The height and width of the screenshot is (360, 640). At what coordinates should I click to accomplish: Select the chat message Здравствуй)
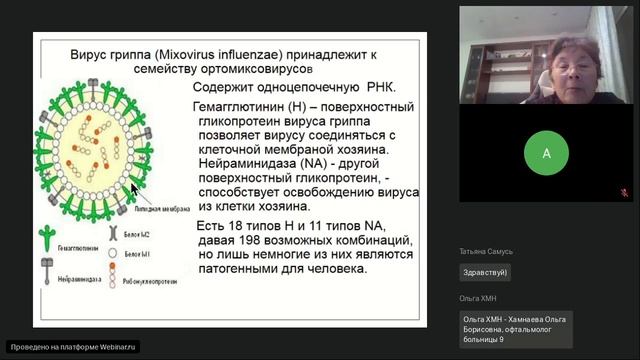[x=486, y=272]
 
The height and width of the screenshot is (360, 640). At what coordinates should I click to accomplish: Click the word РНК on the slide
[x=366, y=88]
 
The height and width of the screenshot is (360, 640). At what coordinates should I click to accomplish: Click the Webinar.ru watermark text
[x=72, y=346]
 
